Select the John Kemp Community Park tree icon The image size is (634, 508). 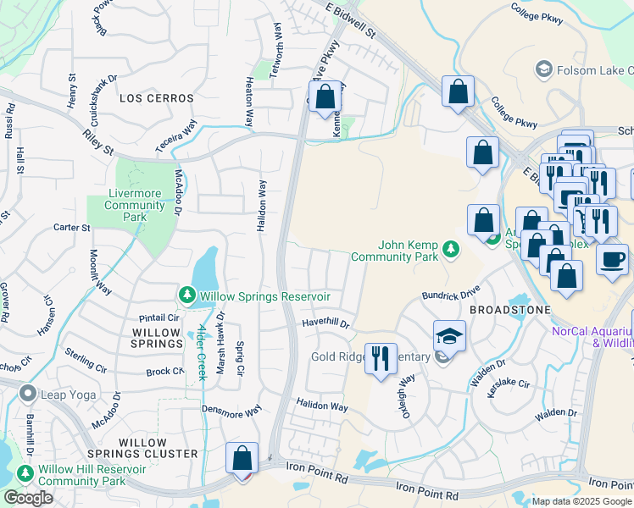pyautogui.click(x=452, y=249)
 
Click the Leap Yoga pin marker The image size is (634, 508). pyautogui.click(x=28, y=393)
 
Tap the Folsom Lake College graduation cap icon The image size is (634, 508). pyautogui.click(x=543, y=69)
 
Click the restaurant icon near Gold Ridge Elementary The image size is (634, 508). pyautogui.click(x=381, y=357)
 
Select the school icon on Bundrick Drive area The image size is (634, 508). pyautogui.click(x=449, y=335)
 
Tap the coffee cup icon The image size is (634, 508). pyautogui.click(x=612, y=259)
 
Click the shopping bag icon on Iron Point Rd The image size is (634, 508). pyautogui.click(x=242, y=457)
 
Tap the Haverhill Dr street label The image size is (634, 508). pyautogui.click(x=325, y=323)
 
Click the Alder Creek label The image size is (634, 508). pyautogui.click(x=202, y=352)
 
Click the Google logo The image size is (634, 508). pyautogui.click(x=28, y=498)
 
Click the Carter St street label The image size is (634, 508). pyautogui.click(x=72, y=228)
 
